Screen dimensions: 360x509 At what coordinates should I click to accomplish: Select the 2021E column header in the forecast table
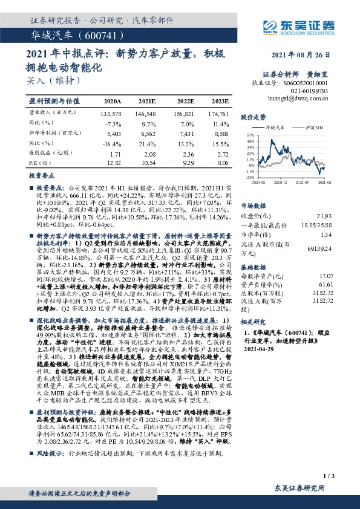tap(147, 102)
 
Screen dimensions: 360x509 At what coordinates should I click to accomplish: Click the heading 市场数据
tap(254, 204)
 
